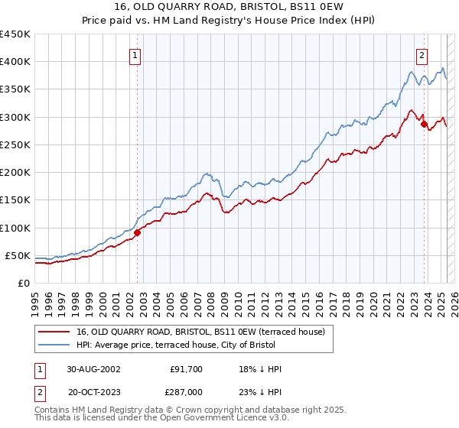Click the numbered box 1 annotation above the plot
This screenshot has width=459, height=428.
[x=135, y=55]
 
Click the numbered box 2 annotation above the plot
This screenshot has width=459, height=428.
[x=422, y=55]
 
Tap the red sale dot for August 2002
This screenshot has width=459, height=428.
[x=138, y=232]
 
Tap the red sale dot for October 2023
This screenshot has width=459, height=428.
[x=424, y=125]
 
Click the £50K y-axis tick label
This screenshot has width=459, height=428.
[x=18, y=255]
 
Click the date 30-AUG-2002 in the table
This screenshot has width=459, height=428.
[x=93, y=369]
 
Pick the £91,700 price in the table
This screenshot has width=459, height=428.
[x=187, y=369]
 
